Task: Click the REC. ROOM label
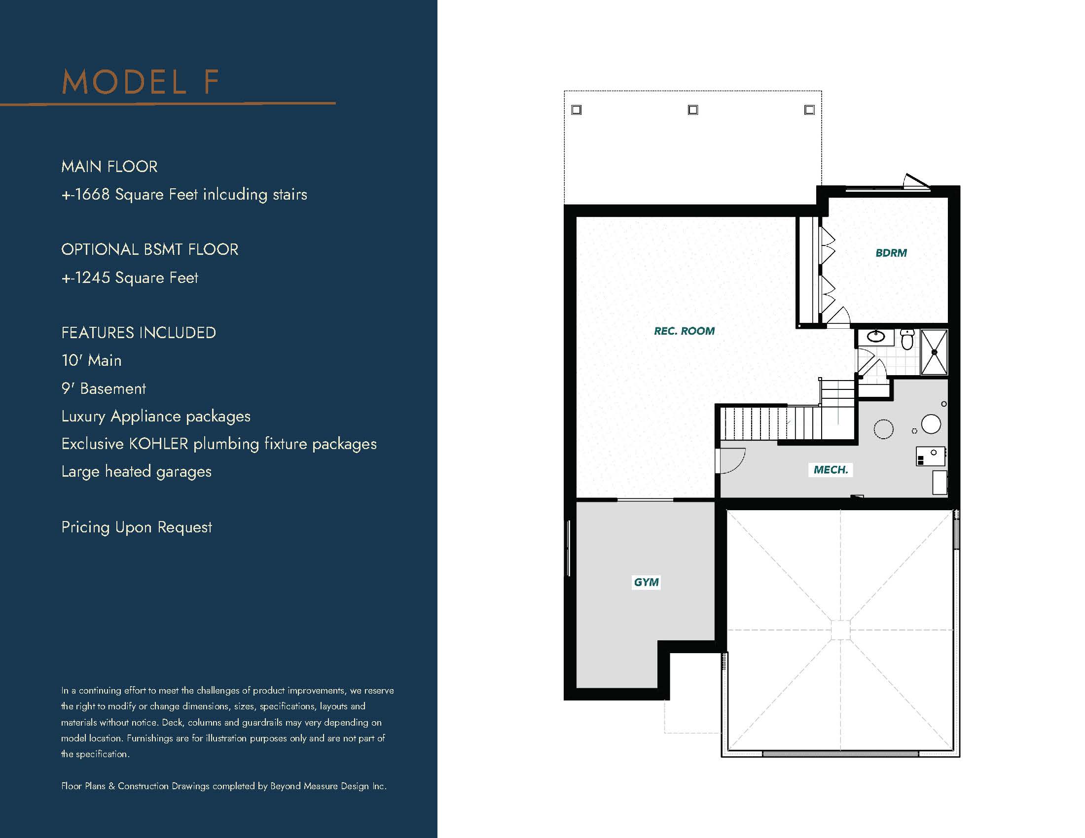(x=684, y=331)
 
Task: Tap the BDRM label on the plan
(x=891, y=253)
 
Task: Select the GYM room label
(x=647, y=582)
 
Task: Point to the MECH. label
(x=831, y=470)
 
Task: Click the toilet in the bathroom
(x=907, y=339)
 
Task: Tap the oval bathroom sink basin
(x=876, y=337)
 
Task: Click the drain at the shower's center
(x=934, y=352)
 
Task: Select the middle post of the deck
(x=693, y=110)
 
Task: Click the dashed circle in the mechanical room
(x=883, y=429)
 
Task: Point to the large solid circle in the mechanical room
(x=931, y=424)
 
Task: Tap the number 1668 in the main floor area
(x=92, y=194)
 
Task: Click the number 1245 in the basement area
(x=92, y=278)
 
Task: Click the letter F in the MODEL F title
(x=211, y=82)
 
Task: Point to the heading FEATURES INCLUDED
(x=139, y=333)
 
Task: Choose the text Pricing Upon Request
(x=137, y=527)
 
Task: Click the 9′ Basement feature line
(x=104, y=388)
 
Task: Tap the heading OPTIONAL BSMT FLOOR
(x=149, y=249)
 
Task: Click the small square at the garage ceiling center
(x=840, y=630)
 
